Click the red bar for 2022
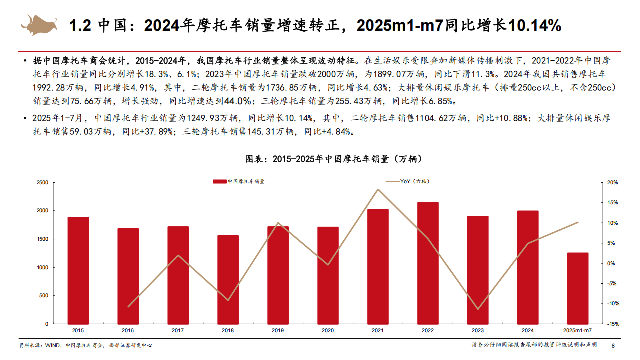(428, 263)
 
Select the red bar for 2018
(228, 279)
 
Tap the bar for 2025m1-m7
(578, 288)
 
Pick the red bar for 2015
(78, 270)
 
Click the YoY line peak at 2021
(378, 189)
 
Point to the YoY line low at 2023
(478, 309)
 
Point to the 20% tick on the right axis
(613, 183)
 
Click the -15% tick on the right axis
(613, 324)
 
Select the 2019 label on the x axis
(278, 331)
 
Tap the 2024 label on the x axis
(528, 331)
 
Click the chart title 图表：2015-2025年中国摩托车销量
(319, 159)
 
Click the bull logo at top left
(39, 25)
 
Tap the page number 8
(613, 345)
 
